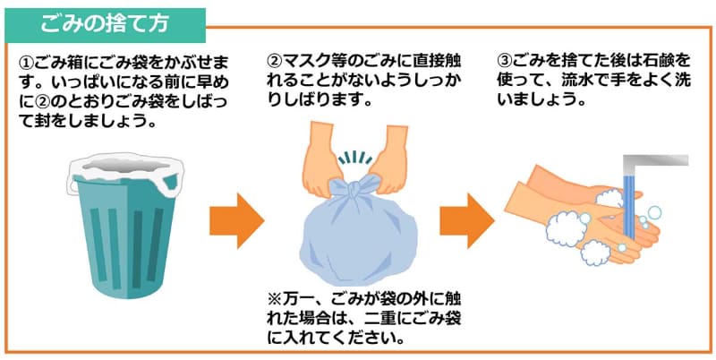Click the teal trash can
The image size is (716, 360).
pos(126,231)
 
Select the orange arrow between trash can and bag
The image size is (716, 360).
pos(237,220)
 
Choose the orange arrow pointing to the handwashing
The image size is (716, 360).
pos(467,220)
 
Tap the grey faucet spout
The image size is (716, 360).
pos(652,162)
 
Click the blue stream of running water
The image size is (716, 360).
pos(630,206)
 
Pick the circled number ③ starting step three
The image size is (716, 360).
pos(505,61)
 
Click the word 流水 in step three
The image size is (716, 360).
pos(583,81)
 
